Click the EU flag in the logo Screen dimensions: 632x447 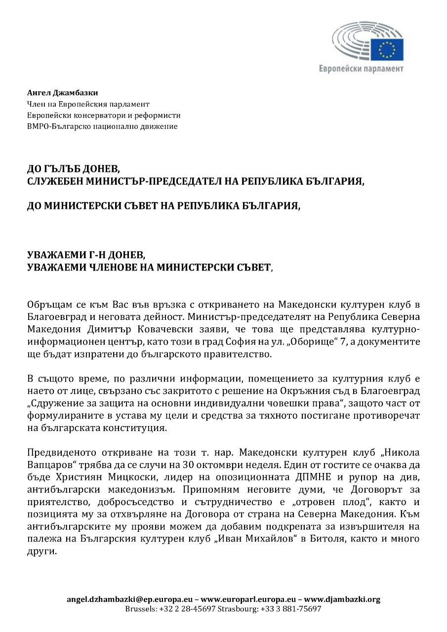[390, 49]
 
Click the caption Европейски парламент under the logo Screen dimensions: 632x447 [361, 69]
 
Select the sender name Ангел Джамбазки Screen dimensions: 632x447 [62, 93]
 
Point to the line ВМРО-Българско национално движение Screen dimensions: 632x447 [102, 126]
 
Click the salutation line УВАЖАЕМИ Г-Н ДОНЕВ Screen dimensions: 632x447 [86, 256]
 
